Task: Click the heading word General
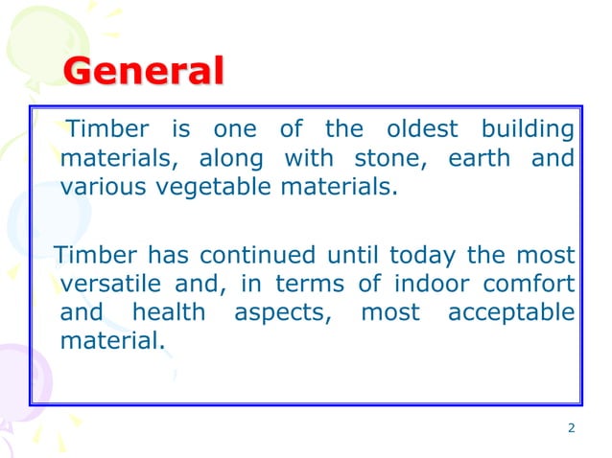click(144, 73)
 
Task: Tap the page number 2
click(572, 427)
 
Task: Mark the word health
click(169, 312)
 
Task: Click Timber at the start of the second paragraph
click(97, 256)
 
